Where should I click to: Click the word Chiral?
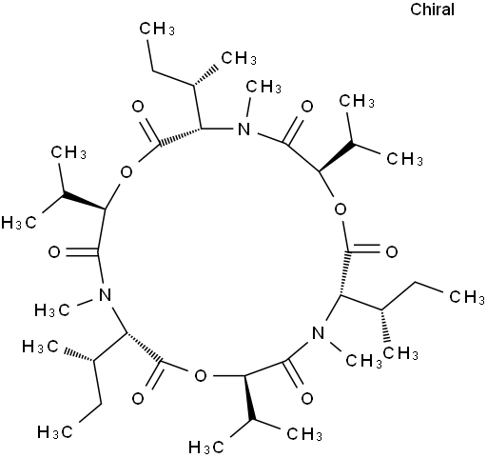432,10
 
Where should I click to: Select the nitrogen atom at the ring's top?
243,129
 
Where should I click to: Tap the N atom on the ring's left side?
105,294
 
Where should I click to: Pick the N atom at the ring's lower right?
319,333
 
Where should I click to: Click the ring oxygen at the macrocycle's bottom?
201,376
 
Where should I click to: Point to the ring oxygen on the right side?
341,209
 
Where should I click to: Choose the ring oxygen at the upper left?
127,172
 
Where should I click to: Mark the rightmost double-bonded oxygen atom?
392,252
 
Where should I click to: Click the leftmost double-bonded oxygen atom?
54,252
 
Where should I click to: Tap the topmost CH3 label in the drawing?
157,29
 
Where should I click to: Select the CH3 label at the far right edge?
467,297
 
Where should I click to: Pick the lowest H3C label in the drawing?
206,448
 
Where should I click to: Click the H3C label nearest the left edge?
19,223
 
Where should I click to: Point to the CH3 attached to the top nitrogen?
263,87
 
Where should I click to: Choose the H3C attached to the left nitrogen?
52,309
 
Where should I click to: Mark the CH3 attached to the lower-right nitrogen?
363,361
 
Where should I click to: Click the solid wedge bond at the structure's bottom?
248,398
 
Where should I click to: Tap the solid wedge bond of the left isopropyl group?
84,202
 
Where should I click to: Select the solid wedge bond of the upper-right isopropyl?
337,156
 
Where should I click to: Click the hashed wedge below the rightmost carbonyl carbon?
344,273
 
